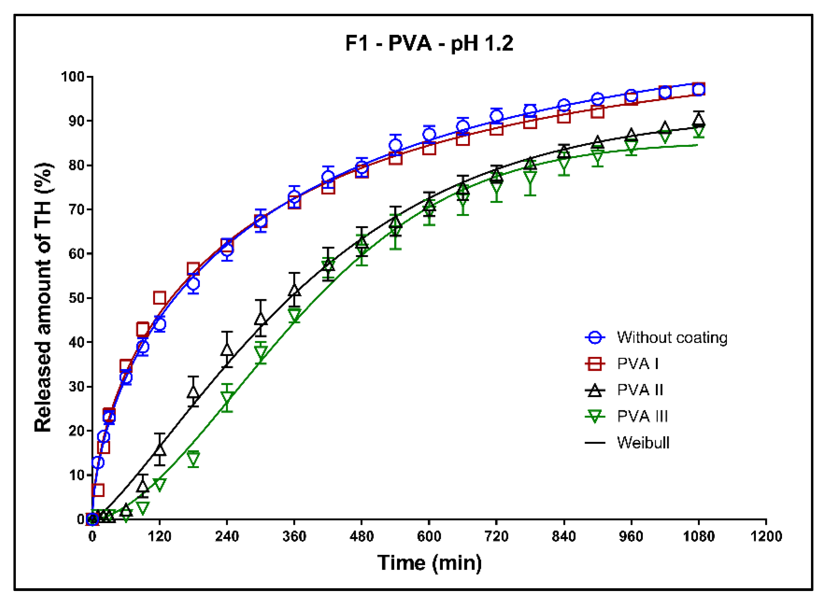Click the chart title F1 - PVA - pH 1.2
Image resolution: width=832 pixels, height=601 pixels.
429,43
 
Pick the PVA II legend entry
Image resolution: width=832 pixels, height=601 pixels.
640,390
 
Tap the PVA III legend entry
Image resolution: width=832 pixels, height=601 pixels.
642,416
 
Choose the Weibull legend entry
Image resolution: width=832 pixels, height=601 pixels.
643,442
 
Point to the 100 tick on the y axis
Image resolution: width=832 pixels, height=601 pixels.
73,77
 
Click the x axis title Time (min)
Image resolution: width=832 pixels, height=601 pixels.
429,563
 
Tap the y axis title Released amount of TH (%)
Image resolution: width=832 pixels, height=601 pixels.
43,298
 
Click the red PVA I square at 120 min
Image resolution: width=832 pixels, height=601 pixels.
160,298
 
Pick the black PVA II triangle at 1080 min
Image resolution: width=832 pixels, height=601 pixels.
699,120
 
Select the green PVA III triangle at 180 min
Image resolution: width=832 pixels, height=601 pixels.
193,458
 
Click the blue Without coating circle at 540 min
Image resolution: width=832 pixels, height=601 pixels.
395,145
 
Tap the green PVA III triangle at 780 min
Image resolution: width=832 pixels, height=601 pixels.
530,177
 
